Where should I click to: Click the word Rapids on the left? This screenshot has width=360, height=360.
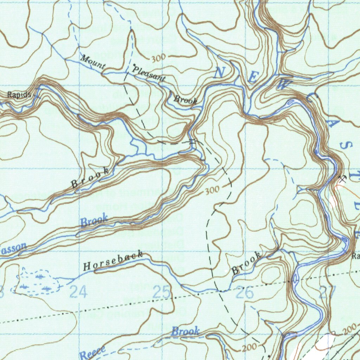pyautogui.click(x=19, y=95)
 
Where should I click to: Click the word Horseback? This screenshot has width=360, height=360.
pyautogui.click(x=113, y=261)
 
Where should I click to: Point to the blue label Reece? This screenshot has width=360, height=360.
pyautogui.click(x=92, y=353)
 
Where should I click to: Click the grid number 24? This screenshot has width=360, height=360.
pyautogui.click(x=78, y=292)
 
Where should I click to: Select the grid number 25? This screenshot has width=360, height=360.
pyautogui.click(x=162, y=292)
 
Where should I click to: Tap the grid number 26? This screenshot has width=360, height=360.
pyautogui.click(x=245, y=292)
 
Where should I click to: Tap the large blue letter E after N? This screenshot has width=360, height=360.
pyautogui.click(x=252, y=78)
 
